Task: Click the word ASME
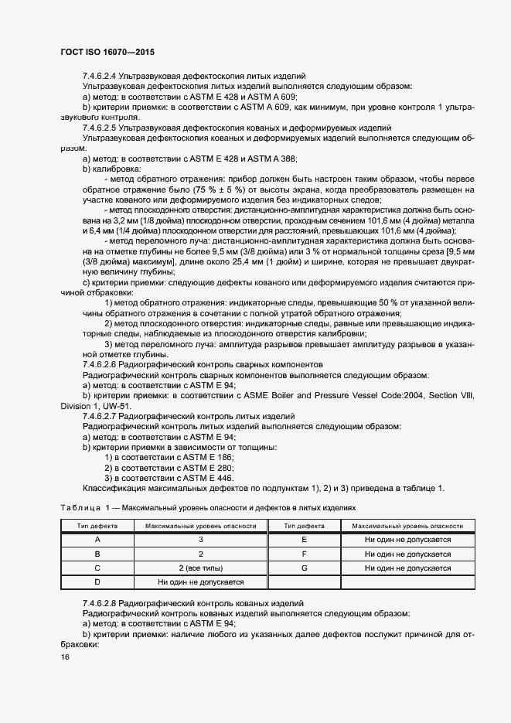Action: tap(270, 395)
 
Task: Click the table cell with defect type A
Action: tap(97, 539)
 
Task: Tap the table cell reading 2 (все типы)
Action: tap(200, 568)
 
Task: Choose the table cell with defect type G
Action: tap(304, 568)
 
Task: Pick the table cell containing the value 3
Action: tap(200, 539)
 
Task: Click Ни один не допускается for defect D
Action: tap(200, 581)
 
